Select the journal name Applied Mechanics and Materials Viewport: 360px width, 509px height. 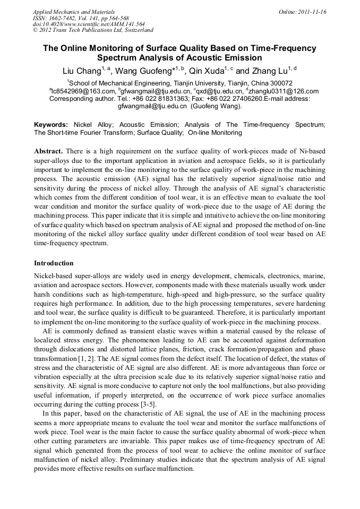[74, 12]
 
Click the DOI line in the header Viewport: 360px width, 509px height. [89, 24]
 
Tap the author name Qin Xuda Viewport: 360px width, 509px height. [206, 71]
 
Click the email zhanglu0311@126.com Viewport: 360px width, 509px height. [284, 91]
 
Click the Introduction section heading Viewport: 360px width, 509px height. [54, 263]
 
